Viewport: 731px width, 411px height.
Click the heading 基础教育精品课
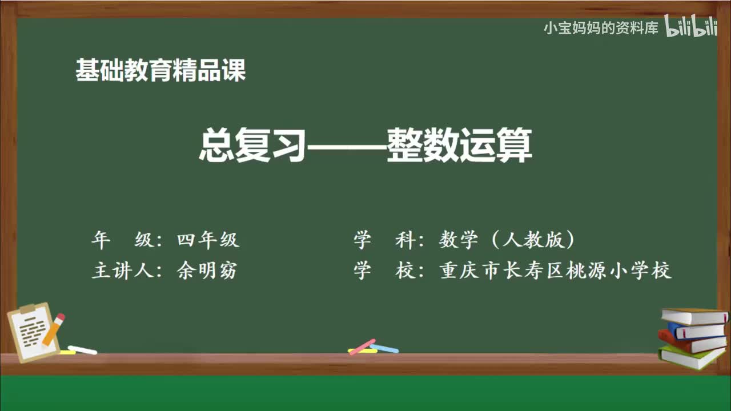point(160,71)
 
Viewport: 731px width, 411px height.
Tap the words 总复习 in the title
point(251,146)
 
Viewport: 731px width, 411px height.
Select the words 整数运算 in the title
point(459,146)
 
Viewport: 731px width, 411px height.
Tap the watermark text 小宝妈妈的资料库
point(601,28)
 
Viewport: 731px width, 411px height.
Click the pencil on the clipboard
point(53,330)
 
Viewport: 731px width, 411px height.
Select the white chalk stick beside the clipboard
point(83,349)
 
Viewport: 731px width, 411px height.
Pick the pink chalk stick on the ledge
point(362,346)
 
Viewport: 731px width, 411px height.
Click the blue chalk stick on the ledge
point(384,348)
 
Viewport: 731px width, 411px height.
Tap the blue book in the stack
point(696,330)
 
